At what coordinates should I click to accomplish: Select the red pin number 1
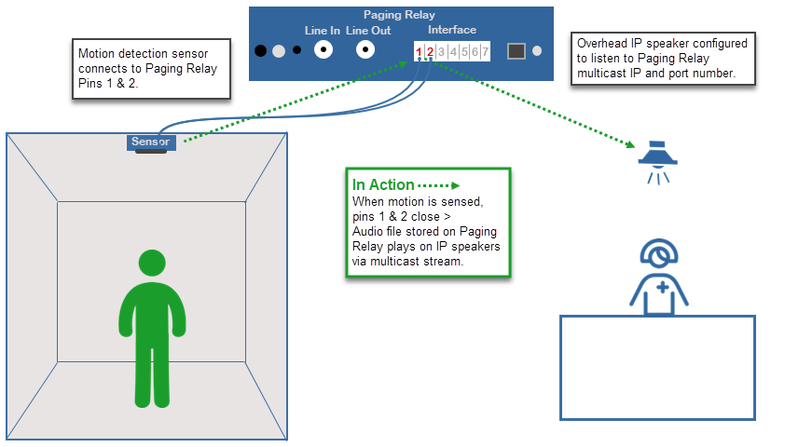coord(419,51)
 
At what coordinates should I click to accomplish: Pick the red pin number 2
coord(430,51)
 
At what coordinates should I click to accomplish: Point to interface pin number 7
coord(486,51)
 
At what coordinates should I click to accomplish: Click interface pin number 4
coord(452,51)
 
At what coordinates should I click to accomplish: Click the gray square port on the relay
coord(516,50)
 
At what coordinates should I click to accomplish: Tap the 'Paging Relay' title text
coord(399,15)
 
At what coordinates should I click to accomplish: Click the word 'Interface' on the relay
coord(452,30)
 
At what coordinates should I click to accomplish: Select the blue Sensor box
coord(151,142)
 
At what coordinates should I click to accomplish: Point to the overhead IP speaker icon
coord(657,159)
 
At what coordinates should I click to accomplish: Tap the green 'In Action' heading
coord(383,184)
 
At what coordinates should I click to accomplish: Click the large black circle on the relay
coord(262,50)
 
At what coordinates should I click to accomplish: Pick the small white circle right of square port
coord(537,50)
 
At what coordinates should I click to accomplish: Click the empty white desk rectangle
coord(656,367)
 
